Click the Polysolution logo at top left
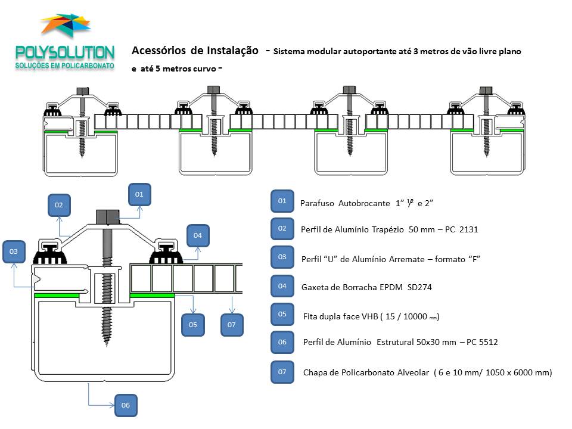(65, 45)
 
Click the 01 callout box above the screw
(139, 194)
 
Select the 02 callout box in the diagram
(58, 205)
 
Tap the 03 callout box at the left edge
(14, 252)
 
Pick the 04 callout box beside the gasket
(198, 236)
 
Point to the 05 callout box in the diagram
(192, 325)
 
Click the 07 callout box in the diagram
(232, 325)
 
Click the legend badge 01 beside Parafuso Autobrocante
(282, 201)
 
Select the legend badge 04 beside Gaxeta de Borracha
(282, 286)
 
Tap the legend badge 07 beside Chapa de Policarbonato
(282, 372)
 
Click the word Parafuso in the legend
(317, 203)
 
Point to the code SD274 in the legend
(419, 287)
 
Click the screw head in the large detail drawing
(108, 216)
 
